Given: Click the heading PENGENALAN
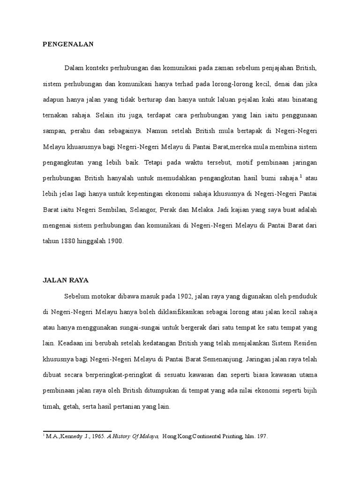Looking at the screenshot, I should [68, 45].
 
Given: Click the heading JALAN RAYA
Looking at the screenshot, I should [65, 280].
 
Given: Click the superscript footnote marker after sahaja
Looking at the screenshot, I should [301, 176].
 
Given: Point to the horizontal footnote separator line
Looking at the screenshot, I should [77, 431].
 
